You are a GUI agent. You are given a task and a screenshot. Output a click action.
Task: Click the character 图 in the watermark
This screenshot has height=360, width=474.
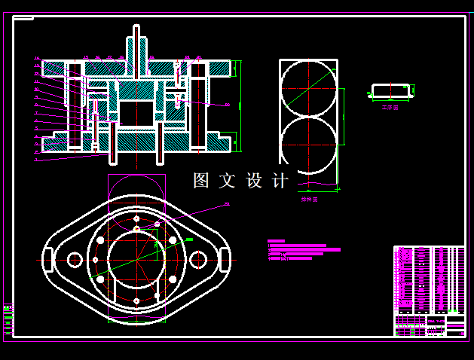(201, 181)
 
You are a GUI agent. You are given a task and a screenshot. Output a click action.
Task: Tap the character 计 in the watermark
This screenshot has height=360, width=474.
(280, 181)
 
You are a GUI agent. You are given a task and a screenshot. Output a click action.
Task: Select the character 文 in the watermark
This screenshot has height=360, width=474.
(228, 181)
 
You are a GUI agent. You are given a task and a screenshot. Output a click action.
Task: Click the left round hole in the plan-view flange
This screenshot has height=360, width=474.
(75, 260)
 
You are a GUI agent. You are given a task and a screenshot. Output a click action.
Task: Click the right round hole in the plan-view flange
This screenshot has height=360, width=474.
(198, 260)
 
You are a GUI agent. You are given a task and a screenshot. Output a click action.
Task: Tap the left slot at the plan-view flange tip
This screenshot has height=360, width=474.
(48, 260)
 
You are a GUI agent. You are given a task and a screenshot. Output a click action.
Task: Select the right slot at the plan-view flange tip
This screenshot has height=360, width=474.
(225, 260)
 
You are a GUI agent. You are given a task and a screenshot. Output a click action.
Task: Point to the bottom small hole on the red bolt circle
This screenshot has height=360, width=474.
(136, 301)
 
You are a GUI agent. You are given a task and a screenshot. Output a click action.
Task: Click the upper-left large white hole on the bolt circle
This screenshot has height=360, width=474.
(100, 240)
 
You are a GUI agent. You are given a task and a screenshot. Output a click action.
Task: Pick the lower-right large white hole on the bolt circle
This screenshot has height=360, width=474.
(173, 280)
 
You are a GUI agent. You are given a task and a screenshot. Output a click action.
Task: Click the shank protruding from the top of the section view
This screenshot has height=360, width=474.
(136, 45)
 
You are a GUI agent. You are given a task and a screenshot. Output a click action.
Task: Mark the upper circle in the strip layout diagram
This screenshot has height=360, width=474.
(309, 88)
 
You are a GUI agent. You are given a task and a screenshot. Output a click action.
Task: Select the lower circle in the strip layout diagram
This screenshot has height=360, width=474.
(309, 144)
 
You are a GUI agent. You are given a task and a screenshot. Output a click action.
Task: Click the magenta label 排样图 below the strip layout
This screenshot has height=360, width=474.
(310, 200)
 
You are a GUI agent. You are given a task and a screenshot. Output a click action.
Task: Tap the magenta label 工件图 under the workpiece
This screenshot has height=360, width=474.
(390, 108)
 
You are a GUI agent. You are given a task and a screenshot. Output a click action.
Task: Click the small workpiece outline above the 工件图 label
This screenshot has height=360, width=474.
(390, 91)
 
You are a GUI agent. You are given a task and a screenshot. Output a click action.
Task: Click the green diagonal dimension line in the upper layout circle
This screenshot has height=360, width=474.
(307, 89)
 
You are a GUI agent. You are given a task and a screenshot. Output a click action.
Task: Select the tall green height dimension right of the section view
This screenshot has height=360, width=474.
(240, 105)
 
